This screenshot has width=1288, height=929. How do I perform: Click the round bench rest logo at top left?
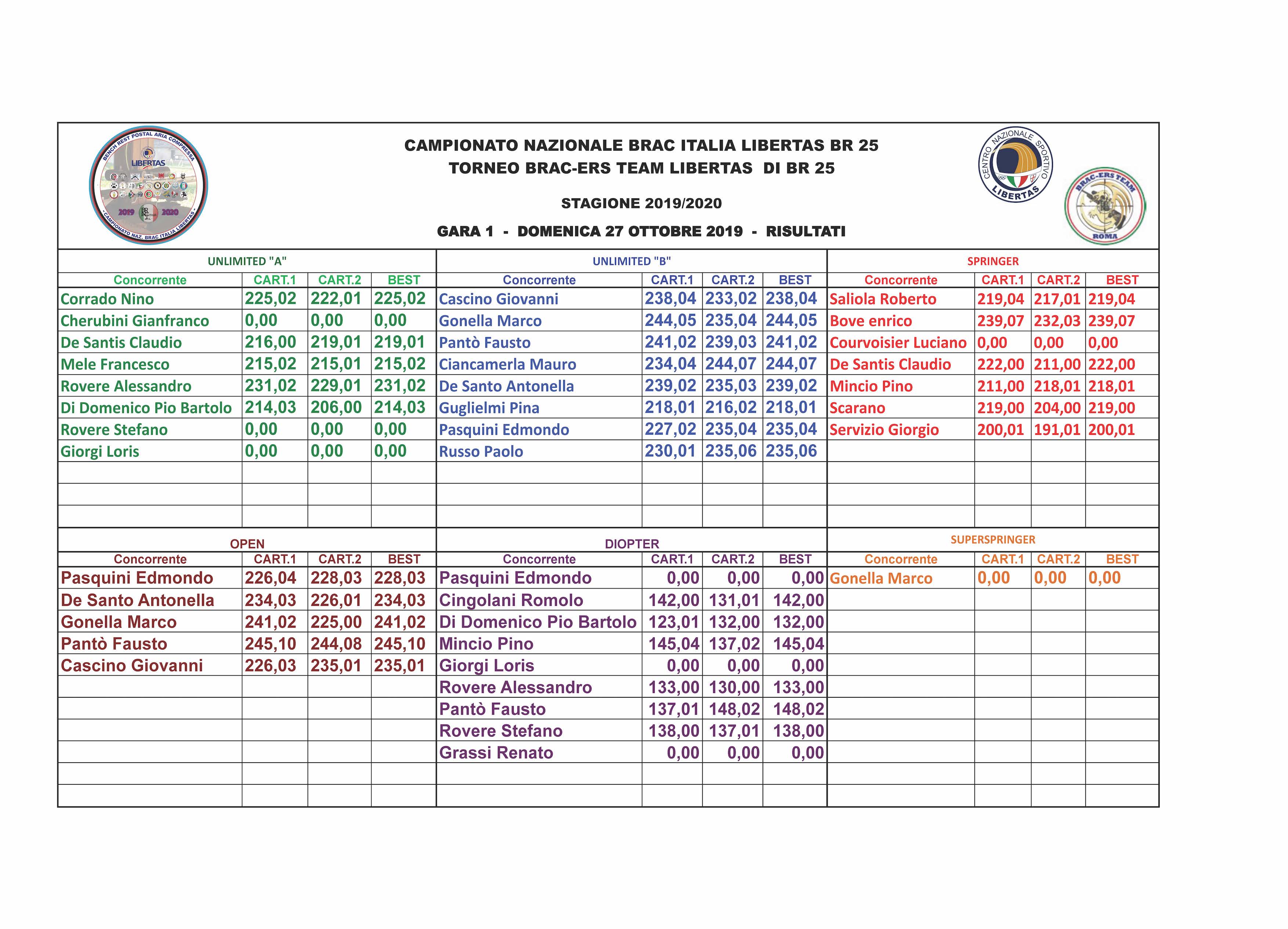tap(148, 185)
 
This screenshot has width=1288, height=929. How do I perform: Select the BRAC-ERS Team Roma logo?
tap(1104, 206)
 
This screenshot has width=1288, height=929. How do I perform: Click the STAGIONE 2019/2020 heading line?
tap(641, 203)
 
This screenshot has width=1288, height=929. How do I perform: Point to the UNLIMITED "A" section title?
tap(247, 261)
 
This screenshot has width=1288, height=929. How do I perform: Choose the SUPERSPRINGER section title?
tap(993, 539)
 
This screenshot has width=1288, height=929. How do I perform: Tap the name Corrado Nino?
tap(107, 299)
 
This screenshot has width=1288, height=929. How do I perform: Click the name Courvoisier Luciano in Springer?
tap(898, 343)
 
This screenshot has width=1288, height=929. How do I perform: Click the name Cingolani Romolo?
tap(511, 600)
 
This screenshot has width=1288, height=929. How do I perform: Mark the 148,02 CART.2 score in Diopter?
tap(734, 709)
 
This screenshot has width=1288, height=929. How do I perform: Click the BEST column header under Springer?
tap(1122, 280)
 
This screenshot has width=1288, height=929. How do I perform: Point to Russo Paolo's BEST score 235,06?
tap(791, 451)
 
